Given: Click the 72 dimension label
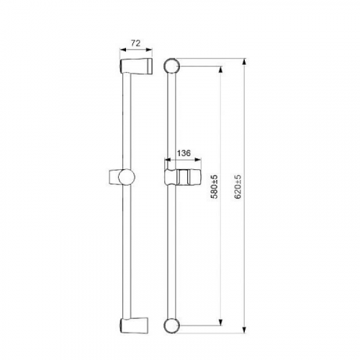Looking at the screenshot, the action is point(135,43).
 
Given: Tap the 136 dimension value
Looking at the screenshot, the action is point(184,153).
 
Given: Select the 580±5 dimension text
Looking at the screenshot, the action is point(215,186).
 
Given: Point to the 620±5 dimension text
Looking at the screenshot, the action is point(238,186).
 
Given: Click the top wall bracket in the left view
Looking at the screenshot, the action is point(136,66).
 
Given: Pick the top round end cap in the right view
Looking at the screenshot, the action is point(172,66).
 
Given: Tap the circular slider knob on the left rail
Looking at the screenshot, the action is point(127,177).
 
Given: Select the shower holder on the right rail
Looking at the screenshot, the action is point(182,178).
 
